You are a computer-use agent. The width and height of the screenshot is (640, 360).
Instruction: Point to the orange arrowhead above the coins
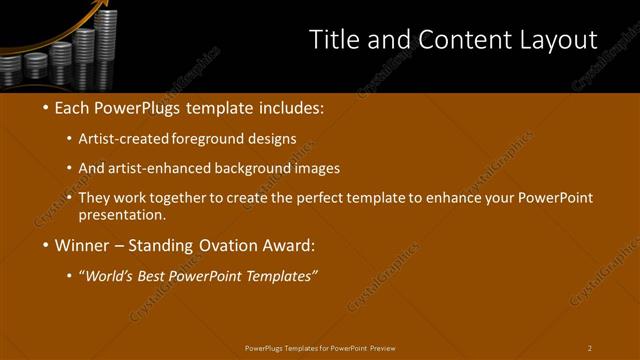[x=100, y=7]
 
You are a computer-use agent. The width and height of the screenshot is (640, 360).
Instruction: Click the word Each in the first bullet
[x=73, y=108]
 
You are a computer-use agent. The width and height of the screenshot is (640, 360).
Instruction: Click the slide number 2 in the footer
[x=589, y=348]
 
